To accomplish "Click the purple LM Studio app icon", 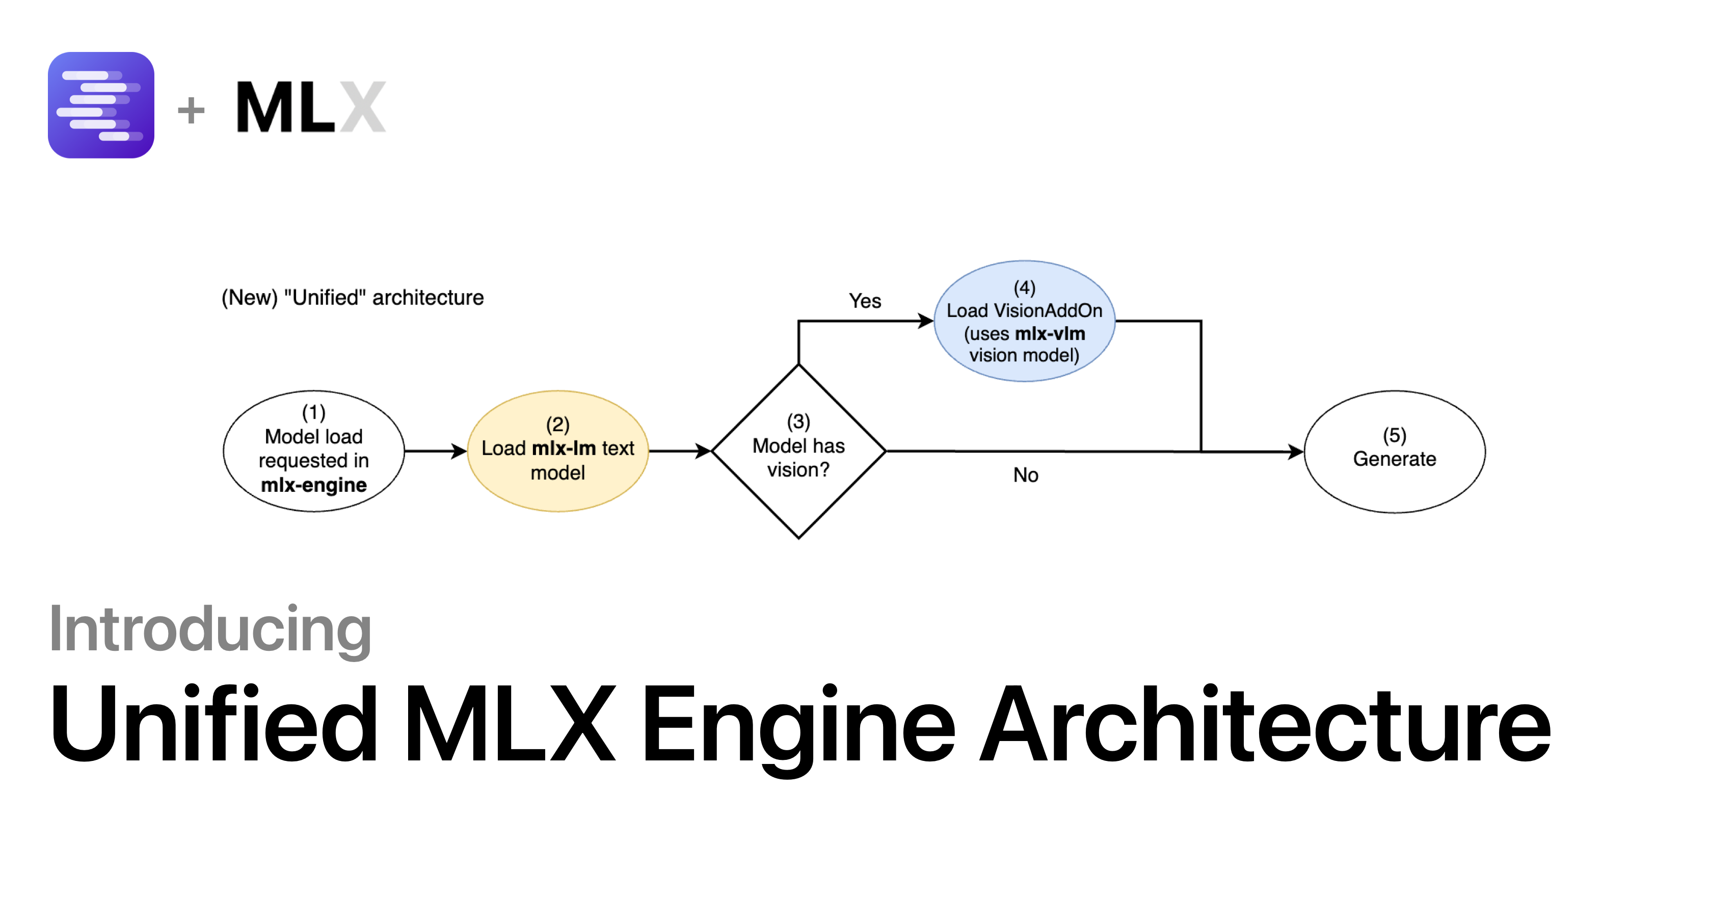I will (x=101, y=105).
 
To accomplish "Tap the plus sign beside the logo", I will (x=191, y=110).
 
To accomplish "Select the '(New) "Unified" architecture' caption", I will (x=353, y=298).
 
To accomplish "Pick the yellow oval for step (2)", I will (x=557, y=452).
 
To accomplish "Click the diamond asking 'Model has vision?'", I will (x=798, y=452).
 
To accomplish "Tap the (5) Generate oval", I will (x=1394, y=452).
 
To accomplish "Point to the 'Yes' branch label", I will (x=865, y=301).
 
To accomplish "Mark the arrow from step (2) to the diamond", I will (x=680, y=452).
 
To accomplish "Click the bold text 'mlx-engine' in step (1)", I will (x=314, y=485).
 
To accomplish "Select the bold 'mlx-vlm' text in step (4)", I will (x=1050, y=333).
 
